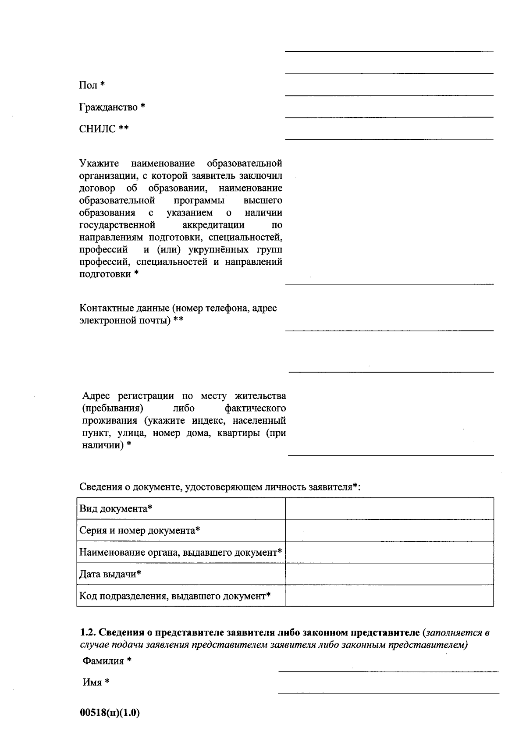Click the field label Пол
pyautogui.click(x=88, y=85)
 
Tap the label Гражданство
pyautogui.click(x=108, y=107)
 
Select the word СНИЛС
pyautogui.click(x=98, y=129)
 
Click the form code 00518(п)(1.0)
pyautogui.click(x=110, y=713)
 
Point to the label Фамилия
pyautogui.click(x=103, y=661)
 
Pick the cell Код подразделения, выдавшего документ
pyautogui.click(x=174, y=596)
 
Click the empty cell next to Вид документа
pyautogui.click(x=389, y=509)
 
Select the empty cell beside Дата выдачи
pyautogui.click(x=389, y=574)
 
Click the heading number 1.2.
pyautogui.click(x=88, y=633)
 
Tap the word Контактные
pyautogui.click(x=104, y=308)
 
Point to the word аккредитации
pyautogui.click(x=213, y=225)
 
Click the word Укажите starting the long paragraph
pyautogui.click(x=99, y=164)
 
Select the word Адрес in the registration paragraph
pyautogui.click(x=97, y=396)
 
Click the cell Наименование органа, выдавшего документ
pyautogui.click(x=180, y=552)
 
